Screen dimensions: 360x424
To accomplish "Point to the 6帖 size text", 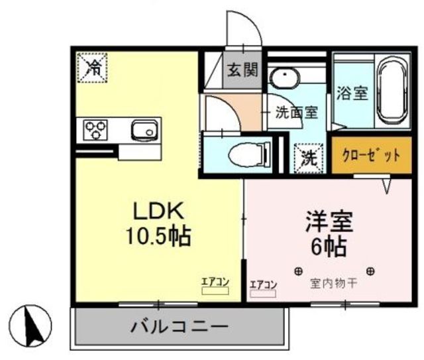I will pos(329,247).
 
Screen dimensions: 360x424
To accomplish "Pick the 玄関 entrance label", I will pos(244,69).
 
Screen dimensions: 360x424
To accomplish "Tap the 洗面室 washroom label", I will pos(296,112).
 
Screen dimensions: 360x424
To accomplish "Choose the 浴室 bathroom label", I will pos(352,93).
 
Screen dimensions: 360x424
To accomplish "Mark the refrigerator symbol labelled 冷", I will pos(95,67).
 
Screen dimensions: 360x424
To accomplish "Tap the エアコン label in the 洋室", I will pos(264,285).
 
